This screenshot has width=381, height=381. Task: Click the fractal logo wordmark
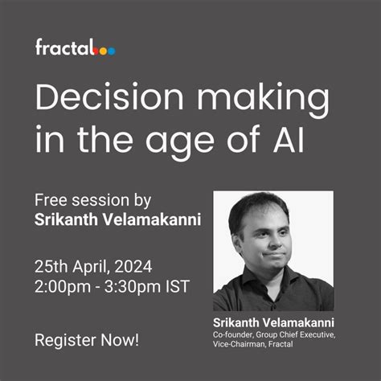click(64, 47)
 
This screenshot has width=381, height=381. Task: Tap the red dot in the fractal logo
click(97, 51)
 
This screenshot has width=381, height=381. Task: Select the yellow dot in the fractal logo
click(104, 51)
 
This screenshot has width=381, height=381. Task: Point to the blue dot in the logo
click(112, 51)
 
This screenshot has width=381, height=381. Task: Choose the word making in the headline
click(252, 101)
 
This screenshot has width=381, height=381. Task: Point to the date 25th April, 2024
click(93, 267)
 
